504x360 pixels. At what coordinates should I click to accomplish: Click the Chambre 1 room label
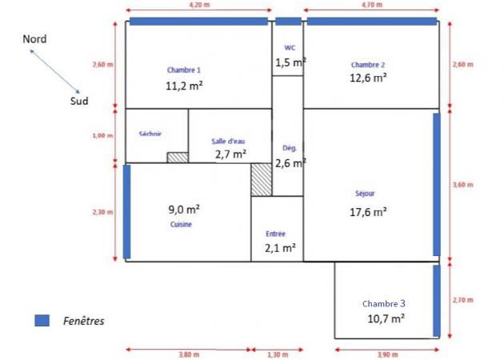pyautogui.click(x=184, y=70)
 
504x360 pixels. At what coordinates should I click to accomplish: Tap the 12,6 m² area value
pyautogui.click(x=368, y=78)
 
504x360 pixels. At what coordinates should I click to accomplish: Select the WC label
pyautogui.click(x=290, y=48)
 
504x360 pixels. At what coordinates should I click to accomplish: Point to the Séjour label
pyautogui.click(x=365, y=193)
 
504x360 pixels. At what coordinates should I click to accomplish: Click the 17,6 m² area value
pyautogui.click(x=368, y=212)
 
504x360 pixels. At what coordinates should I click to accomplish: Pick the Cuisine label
pyautogui.click(x=181, y=224)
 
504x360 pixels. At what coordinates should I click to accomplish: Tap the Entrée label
pyautogui.click(x=275, y=234)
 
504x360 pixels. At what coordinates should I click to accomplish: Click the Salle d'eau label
pyautogui.click(x=228, y=141)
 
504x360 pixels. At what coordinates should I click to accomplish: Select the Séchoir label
pyautogui.click(x=150, y=134)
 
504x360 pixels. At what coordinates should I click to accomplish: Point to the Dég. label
pyautogui.click(x=290, y=148)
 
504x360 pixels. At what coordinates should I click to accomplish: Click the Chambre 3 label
pyautogui.click(x=384, y=304)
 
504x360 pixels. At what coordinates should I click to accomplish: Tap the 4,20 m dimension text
pyautogui.click(x=200, y=5)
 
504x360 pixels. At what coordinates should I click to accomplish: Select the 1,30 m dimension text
pyautogui.click(x=278, y=355)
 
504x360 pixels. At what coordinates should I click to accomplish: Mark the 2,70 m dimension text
pyautogui.click(x=463, y=300)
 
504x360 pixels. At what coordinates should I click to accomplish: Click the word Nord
pyautogui.click(x=34, y=39)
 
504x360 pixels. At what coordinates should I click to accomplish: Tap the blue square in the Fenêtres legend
pyautogui.click(x=42, y=321)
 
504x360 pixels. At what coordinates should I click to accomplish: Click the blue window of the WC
pyautogui.click(x=288, y=22)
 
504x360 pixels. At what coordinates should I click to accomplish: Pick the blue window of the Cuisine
pyautogui.click(x=127, y=212)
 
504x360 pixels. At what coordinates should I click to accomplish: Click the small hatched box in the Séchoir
pyautogui.click(x=178, y=158)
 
